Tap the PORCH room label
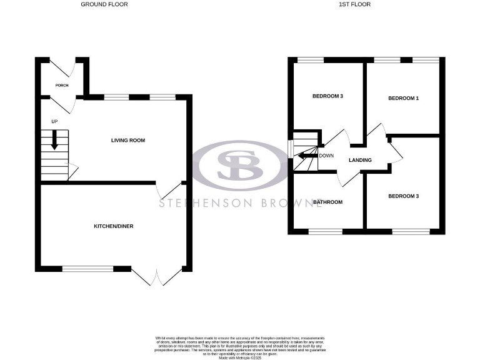click(61, 86)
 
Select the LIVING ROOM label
click(128, 141)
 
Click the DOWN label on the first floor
click(326, 156)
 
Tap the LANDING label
click(361, 160)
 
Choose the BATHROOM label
click(327, 202)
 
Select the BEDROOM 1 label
click(403, 99)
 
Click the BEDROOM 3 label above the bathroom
click(327, 96)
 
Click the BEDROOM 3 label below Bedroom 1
click(403, 196)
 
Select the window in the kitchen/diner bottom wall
click(87, 269)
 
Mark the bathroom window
click(326, 232)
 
